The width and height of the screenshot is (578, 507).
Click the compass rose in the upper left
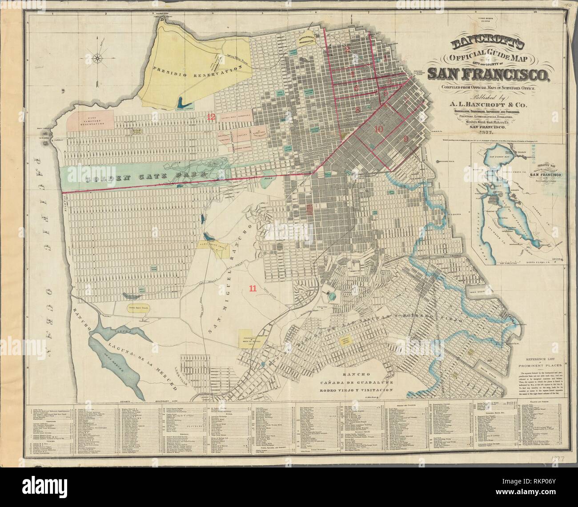point(97,57)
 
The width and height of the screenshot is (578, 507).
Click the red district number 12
point(212,117)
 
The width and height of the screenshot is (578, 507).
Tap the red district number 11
point(252,288)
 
